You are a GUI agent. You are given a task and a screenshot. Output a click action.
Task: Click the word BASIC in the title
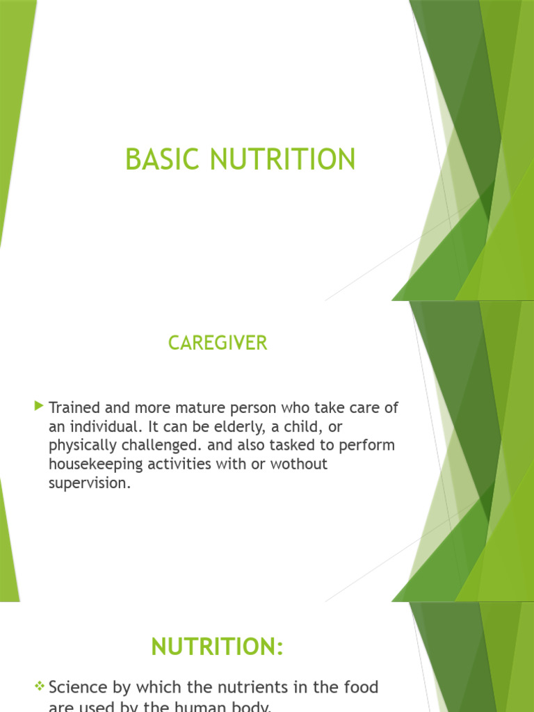pos(157,160)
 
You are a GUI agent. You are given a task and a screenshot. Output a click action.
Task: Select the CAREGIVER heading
pos(218,343)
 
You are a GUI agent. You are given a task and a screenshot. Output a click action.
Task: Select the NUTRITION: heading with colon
pos(218,647)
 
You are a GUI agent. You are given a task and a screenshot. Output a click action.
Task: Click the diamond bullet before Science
pos(40,687)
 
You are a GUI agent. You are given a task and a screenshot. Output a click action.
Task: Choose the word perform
pos(369,445)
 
